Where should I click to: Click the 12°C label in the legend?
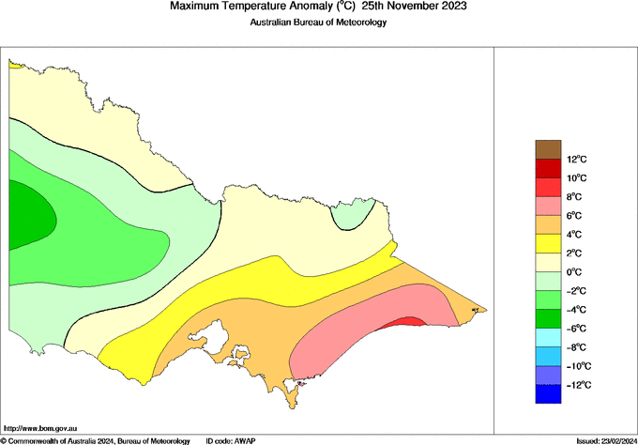tap(576, 159)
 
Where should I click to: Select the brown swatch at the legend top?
tap(548, 148)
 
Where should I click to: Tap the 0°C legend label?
tap(575, 272)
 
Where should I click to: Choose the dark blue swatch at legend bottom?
tap(548, 394)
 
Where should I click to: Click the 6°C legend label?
tap(575, 215)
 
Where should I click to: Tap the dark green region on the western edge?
tap(28, 217)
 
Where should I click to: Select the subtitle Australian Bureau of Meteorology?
tap(318, 22)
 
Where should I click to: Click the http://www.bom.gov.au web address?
tap(39, 428)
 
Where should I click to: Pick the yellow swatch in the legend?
tap(548, 243)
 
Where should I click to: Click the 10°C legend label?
tap(576, 177)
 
